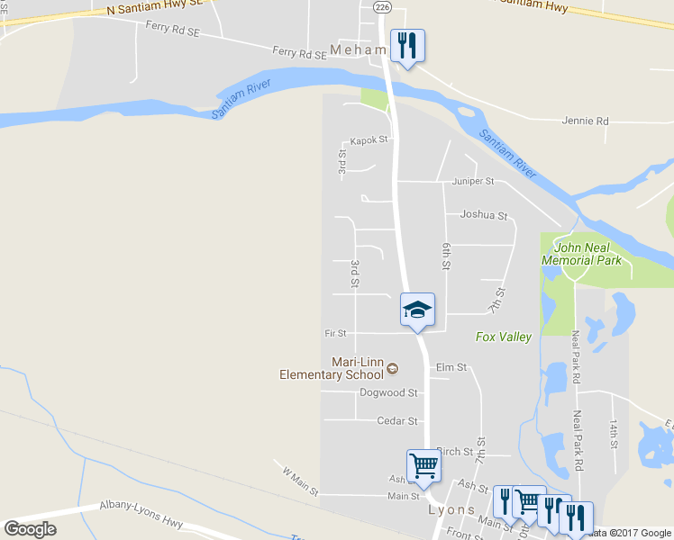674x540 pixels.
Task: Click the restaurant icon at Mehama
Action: pos(407,46)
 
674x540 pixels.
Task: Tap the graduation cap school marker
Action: pos(417,310)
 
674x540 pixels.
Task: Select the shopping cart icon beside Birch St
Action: pos(424,466)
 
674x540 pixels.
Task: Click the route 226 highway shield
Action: pos(383,7)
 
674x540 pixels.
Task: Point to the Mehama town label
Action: pos(359,50)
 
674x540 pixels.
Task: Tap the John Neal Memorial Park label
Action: pos(581,254)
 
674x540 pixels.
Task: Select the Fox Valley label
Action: pos(504,337)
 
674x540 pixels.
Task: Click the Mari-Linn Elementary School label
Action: pos(332,368)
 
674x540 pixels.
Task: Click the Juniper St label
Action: pos(474,181)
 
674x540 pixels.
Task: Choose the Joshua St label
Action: pos(484,216)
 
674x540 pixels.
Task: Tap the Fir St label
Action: pos(335,333)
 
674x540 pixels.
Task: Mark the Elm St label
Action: pos(451,367)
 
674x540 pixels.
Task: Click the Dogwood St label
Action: pos(388,393)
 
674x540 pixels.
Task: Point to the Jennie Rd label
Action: pos(585,121)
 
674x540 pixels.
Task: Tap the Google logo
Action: pos(30,528)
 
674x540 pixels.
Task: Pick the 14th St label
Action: pos(612,433)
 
